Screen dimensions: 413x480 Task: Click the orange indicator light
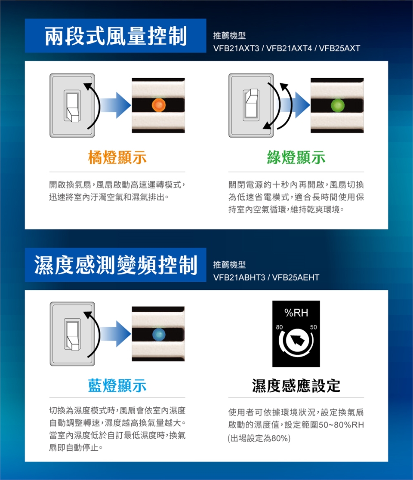point(159,105)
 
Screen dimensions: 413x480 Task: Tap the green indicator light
point(337,105)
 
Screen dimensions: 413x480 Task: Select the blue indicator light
point(159,334)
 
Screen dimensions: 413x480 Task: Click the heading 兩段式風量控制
point(116,36)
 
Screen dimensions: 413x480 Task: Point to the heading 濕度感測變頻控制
point(116,265)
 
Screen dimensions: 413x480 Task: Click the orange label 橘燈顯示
point(117,157)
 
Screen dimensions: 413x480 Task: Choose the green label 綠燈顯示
point(296,157)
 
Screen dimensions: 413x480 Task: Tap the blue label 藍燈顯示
point(117,385)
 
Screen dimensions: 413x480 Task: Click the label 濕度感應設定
point(296,385)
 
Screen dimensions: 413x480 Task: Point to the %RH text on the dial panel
point(296,313)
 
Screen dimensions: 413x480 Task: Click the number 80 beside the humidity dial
point(279,327)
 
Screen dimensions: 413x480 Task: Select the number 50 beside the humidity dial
point(313,327)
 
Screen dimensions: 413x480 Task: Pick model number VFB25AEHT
point(296,277)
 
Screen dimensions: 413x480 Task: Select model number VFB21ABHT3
point(239,277)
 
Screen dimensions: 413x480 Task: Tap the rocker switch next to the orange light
point(72,106)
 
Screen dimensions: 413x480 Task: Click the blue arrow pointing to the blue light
point(116,334)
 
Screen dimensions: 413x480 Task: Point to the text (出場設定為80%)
point(259,438)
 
